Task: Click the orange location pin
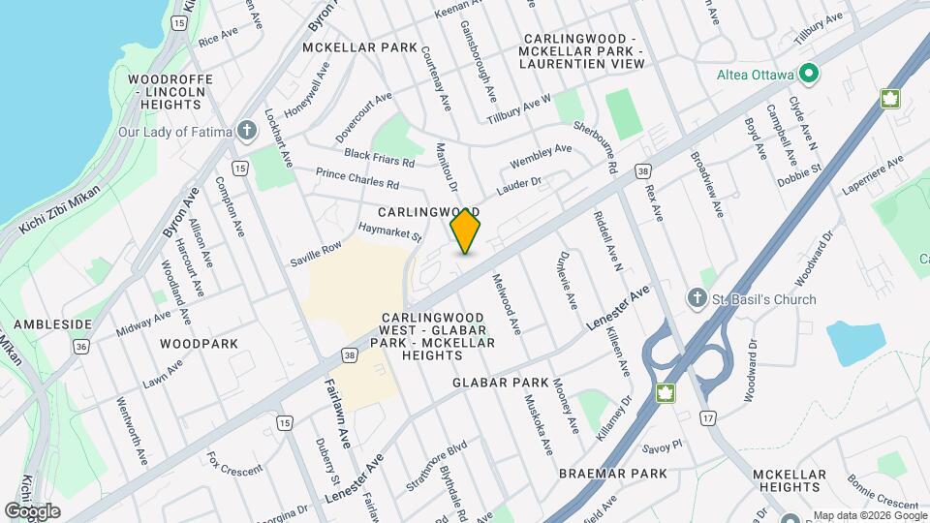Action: [x=466, y=231]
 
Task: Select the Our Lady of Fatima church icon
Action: [x=247, y=131]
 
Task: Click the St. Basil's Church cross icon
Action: [x=696, y=299]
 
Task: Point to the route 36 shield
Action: [x=80, y=346]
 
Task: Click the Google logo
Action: [x=32, y=511]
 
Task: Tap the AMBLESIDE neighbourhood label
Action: [x=52, y=324]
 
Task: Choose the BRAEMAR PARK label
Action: [x=613, y=474]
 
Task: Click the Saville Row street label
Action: [x=317, y=255]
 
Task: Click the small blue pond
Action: [x=855, y=343]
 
